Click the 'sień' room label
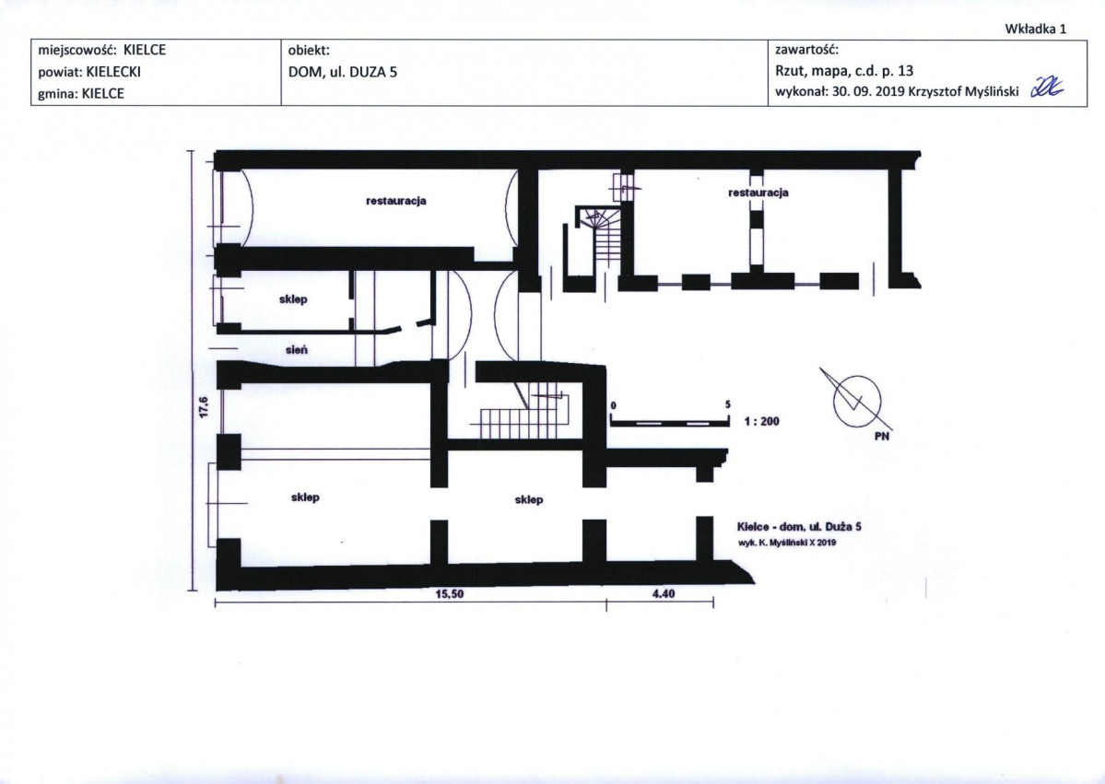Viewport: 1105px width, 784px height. (296, 350)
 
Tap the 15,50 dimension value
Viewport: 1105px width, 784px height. (450, 594)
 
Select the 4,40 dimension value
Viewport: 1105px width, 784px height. (664, 594)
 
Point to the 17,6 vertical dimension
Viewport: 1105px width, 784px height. (204, 407)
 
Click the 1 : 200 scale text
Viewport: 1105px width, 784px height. (762, 421)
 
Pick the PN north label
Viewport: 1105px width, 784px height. (882, 436)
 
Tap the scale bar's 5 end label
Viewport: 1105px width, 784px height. (728, 405)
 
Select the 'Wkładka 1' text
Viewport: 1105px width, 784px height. (1035, 29)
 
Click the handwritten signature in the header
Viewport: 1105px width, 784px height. (1047, 88)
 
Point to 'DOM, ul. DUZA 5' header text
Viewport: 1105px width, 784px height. (343, 71)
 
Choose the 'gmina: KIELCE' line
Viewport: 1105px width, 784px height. (81, 94)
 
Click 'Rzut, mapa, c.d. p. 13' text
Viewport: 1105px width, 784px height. (844, 70)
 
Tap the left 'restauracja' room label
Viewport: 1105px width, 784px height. (396, 201)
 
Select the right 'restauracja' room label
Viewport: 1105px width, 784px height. (758, 193)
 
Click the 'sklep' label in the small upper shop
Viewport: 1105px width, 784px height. (293, 299)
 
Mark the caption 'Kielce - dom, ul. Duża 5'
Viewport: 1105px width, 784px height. (799, 527)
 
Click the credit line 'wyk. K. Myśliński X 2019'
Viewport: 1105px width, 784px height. (787, 543)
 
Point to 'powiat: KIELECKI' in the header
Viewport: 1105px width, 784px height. (89, 72)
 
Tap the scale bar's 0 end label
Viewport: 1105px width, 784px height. (613, 405)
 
